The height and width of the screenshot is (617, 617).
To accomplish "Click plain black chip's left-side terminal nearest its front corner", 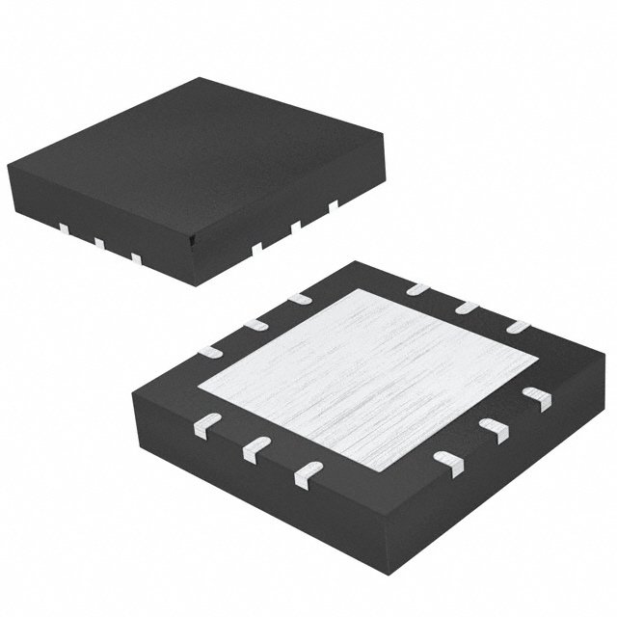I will point(136,257).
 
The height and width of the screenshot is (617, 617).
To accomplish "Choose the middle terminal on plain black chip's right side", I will point(295,226).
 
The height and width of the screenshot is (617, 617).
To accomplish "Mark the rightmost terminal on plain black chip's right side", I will point(334,204).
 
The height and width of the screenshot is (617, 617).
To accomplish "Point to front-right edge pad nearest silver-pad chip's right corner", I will point(533,395).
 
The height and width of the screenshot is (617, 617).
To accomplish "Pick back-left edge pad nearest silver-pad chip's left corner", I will point(208,347).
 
